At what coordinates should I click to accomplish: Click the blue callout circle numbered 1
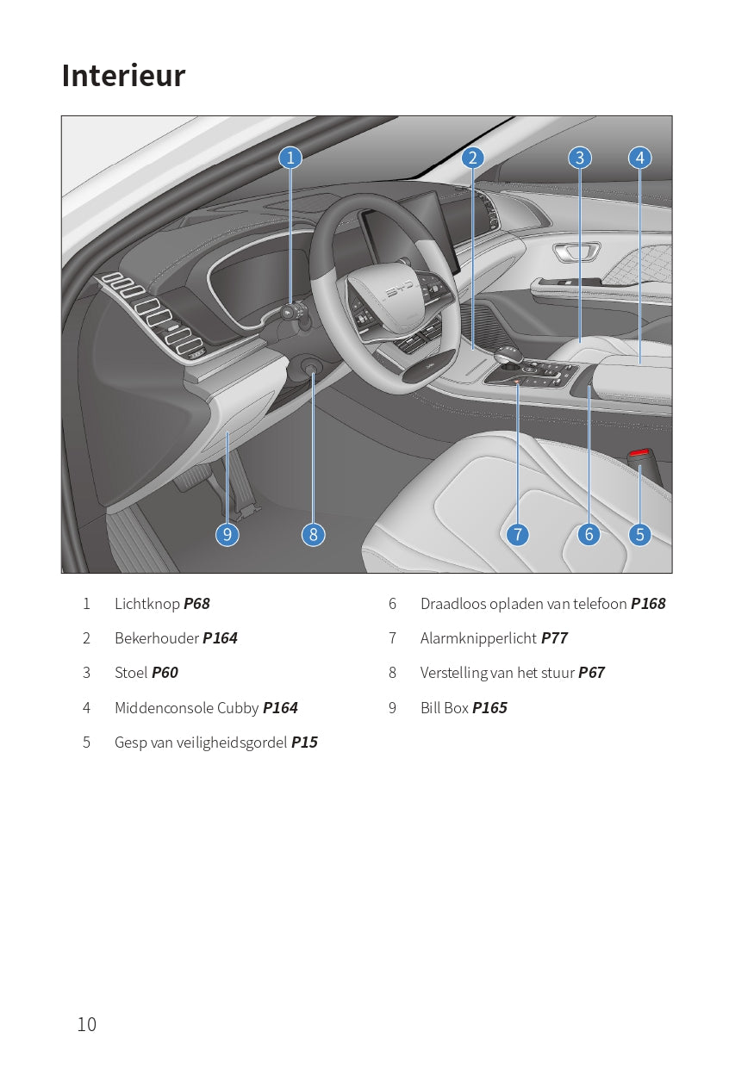coord(290,158)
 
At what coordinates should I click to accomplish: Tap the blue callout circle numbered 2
coord(472,158)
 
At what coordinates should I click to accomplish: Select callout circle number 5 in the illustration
coord(639,534)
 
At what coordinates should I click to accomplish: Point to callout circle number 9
coord(227,534)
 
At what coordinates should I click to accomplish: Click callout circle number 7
coord(517,534)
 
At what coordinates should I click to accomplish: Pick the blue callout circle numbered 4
coord(639,158)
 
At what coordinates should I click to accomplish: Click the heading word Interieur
coord(123,76)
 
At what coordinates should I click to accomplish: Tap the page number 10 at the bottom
coord(87,1024)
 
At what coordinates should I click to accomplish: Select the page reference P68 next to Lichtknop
coord(196,604)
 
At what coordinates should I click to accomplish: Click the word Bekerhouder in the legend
coord(157,638)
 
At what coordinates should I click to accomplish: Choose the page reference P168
coord(648,604)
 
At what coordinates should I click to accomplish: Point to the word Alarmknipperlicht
coord(478,638)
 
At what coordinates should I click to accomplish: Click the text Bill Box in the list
coord(445,708)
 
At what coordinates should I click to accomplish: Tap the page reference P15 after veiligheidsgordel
coord(304,743)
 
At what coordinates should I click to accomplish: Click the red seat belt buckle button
coord(640,452)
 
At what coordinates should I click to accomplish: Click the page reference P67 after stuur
coord(591,673)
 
